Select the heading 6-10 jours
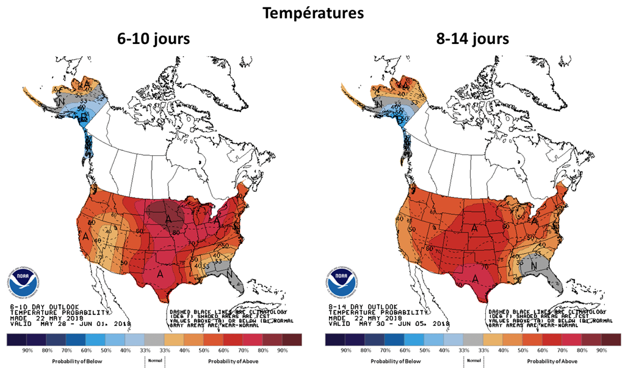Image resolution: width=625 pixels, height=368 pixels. click(153, 39)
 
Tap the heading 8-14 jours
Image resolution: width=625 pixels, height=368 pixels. click(473, 39)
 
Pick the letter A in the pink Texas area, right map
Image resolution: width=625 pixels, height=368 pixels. click(475, 278)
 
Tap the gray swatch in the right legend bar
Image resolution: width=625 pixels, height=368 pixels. click(472, 339)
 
